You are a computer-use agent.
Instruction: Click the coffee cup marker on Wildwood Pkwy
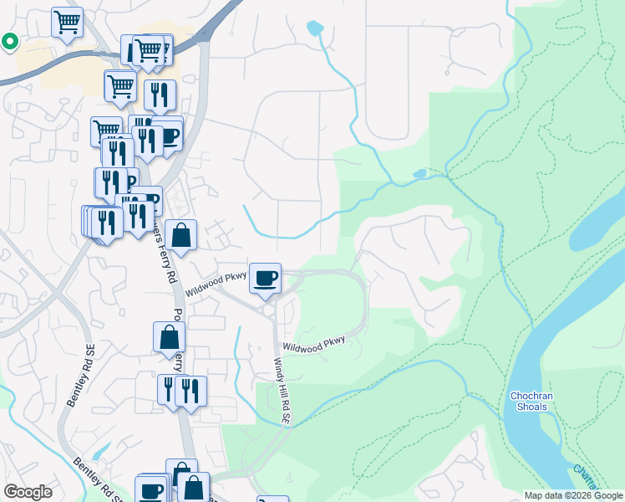coord(266,279)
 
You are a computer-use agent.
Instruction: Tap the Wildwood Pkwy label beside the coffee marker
coord(216,287)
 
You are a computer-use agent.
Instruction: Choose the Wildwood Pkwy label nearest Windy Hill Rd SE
coord(313,343)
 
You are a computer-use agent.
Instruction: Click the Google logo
coord(28,492)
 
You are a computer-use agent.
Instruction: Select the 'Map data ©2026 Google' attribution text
coord(573,495)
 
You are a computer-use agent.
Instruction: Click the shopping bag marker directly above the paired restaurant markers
coord(170,337)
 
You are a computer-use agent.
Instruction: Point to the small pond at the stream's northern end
coord(315,28)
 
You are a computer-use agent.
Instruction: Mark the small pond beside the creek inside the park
coord(419,174)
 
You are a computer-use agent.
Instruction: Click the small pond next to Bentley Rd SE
coord(101,452)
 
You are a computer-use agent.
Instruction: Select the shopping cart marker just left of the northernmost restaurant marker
coord(120,85)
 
